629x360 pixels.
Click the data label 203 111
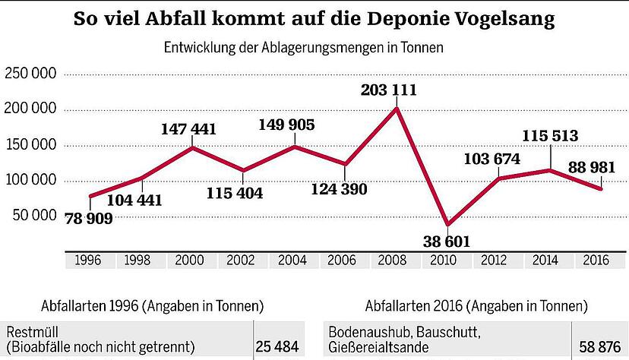396,90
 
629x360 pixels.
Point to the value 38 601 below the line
447,242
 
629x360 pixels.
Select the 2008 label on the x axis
396,260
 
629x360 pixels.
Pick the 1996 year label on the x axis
90,260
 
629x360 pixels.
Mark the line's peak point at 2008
397,109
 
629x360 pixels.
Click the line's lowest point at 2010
447,225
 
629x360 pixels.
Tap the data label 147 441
190,129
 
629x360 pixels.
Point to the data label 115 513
550,136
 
